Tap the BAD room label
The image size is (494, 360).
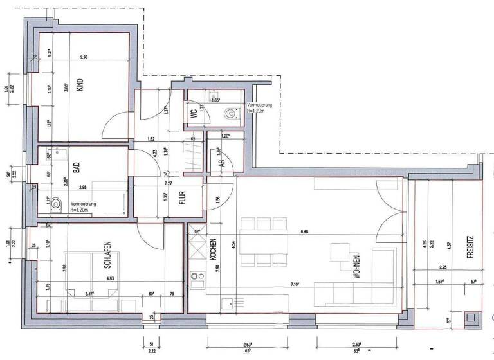(x=76, y=168)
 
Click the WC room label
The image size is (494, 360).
(x=193, y=113)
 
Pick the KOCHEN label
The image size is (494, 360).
(x=212, y=248)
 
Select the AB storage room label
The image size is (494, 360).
(x=222, y=163)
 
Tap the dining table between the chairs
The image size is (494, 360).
(x=262, y=240)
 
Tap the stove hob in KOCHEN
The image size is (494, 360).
(x=196, y=278)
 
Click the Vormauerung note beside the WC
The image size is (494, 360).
(x=259, y=107)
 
